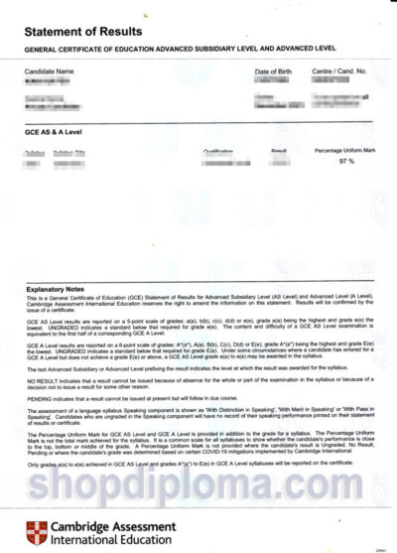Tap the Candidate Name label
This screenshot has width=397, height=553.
pyautogui.click(x=50, y=72)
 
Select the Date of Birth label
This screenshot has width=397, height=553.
pyautogui.click(x=276, y=72)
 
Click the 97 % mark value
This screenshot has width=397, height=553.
pyautogui.click(x=346, y=161)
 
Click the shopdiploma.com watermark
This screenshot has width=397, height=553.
pyautogui.click(x=198, y=484)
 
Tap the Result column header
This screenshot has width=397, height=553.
pyautogui.click(x=279, y=151)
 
